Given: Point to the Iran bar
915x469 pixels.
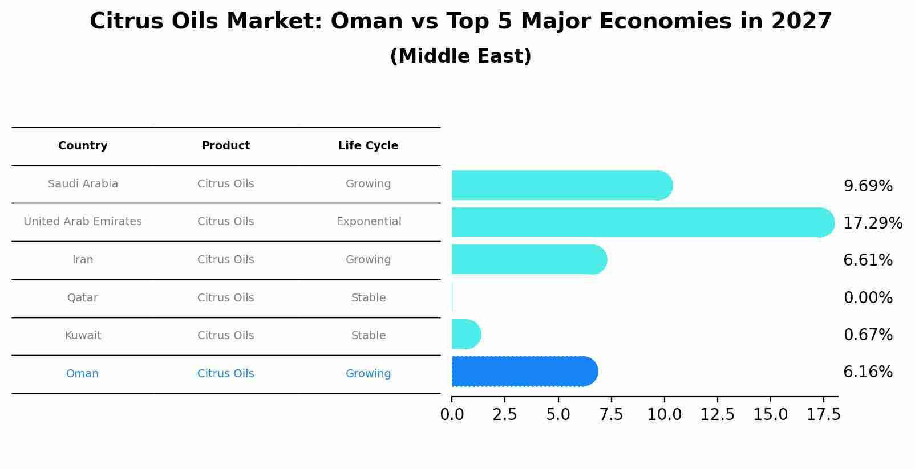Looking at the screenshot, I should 528,259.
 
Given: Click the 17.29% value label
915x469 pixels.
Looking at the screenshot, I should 872,223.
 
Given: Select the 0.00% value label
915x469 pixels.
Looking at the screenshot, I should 868,297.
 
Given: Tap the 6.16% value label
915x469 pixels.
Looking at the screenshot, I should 868,372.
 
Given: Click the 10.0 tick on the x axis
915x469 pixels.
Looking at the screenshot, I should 664,415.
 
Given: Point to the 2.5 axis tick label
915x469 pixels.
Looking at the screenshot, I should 504,415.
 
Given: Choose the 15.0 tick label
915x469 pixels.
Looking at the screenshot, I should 770,415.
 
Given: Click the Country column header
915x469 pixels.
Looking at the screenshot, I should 83,146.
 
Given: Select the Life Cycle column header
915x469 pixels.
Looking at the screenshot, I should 368,146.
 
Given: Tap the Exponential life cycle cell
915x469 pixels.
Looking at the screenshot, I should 369,222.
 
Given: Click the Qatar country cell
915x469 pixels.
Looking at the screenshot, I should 83,298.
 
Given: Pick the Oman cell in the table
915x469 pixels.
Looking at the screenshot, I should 83,374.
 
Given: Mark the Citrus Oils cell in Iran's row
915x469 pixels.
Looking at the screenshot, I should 225,260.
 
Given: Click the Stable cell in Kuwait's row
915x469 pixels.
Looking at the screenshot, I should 369,336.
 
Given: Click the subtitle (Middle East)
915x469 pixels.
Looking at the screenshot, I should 460,56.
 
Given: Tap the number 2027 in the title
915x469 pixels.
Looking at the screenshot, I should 801,22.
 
